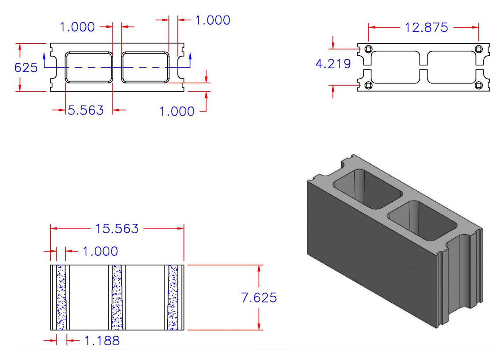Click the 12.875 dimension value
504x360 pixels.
pos(426,27)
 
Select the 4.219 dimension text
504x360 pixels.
pos(333,64)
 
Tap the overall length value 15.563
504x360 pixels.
pos(117,229)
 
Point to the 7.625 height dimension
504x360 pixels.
pos(259,298)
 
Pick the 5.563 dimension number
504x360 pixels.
pos(85,110)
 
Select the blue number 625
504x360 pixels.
pos(26,67)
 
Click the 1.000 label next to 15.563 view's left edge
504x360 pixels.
pos(100,251)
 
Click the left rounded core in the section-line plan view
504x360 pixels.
pos(89,67)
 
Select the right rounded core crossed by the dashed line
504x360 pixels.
pos(145,67)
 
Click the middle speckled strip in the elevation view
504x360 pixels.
pos(117,297)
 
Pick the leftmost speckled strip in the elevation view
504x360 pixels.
pos(61,297)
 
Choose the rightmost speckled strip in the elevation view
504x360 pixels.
pos(173,297)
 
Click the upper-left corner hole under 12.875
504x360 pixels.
pos(368,49)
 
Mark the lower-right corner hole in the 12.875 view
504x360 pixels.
pos(479,85)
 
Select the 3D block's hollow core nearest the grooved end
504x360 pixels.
pos(421,221)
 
